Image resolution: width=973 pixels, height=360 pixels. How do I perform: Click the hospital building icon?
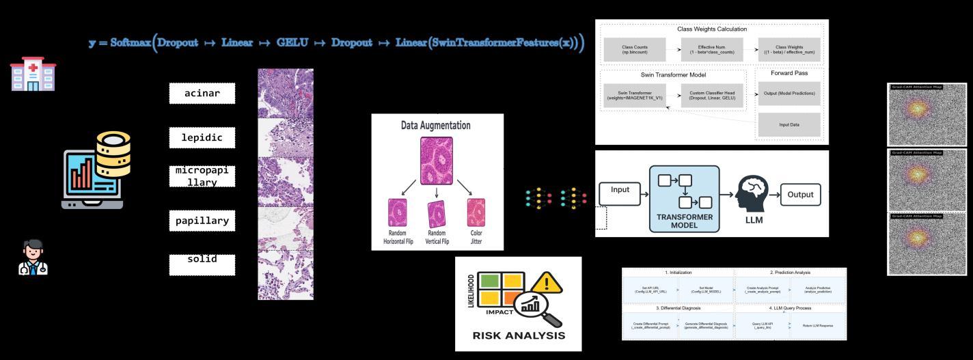pyautogui.click(x=33, y=74)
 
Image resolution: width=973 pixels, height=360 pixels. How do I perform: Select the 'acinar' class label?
pyautogui.click(x=202, y=93)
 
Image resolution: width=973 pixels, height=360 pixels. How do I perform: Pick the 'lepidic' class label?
pyautogui.click(x=202, y=138)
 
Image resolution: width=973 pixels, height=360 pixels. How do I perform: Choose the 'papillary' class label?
pyautogui.click(x=202, y=221)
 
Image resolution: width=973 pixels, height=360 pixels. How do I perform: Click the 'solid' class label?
pyautogui.click(x=202, y=260)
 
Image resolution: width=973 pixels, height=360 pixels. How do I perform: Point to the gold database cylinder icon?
pyautogui.click(x=113, y=152)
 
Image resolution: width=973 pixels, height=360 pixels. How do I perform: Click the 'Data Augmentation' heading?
pyautogui.click(x=437, y=126)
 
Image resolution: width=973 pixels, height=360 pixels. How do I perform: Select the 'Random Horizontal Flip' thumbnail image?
pyautogui.click(x=398, y=212)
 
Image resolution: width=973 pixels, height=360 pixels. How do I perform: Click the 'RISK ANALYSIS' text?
pyautogui.click(x=519, y=335)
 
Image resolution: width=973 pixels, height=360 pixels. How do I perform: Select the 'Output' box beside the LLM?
pyautogui.click(x=800, y=195)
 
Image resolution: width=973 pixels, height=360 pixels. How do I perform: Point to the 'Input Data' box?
pyautogui.click(x=789, y=125)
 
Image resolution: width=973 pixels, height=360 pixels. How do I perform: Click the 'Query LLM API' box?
pyautogui.click(x=762, y=326)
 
